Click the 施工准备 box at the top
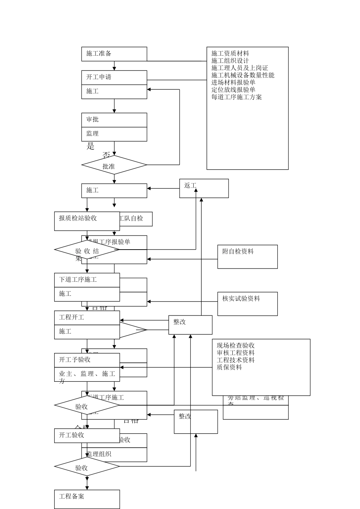(x=114, y=54)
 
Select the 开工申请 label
(x=99, y=77)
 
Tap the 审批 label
(x=92, y=120)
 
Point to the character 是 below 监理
(x=91, y=147)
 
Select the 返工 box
(x=204, y=188)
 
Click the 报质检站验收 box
(x=87, y=221)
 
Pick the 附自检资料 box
(x=247, y=256)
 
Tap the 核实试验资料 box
(x=247, y=303)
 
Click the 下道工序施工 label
(x=78, y=280)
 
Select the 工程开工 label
(x=72, y=317)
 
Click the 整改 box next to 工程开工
(x=190, y=325)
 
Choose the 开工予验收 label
(x=75, y=360)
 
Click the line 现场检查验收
(x=236, y=345)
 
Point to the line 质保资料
(x=229, y=367)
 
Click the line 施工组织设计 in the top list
(x=230, y=61)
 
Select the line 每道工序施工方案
(x=236, y=97)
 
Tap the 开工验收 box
(x=87, y=436)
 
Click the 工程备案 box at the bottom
(x=87, y=499)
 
